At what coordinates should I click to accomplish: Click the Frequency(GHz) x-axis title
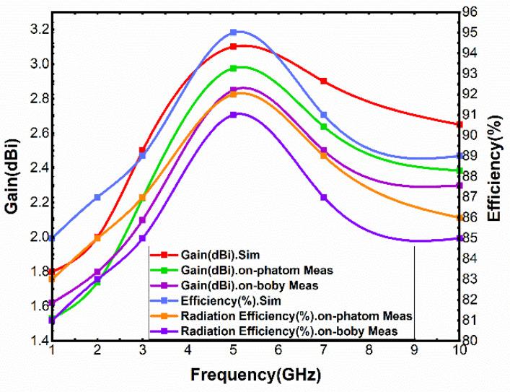[x=255, y=376]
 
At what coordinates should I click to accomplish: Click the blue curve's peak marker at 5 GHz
[x=234, y=32]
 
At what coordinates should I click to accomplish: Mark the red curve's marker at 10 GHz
[x=459, y=124]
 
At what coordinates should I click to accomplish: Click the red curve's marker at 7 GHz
[x=324, y=82]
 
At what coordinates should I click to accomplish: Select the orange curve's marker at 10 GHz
[x=459, y=217]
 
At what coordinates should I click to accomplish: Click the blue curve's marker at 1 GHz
[x=53, y=238]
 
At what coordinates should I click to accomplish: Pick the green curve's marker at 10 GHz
[x=459, y=171]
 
